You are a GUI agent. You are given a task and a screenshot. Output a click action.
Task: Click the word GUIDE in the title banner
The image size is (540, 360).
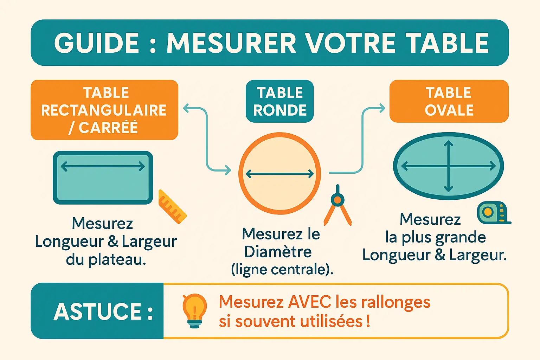97,43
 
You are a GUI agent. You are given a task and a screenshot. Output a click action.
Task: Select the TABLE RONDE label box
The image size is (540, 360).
279,101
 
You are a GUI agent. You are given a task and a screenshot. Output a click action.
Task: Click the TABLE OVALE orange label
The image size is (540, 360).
449,101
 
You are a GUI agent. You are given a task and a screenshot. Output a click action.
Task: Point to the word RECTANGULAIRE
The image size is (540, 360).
104,110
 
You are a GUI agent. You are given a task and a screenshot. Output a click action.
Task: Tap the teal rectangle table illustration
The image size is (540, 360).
103,178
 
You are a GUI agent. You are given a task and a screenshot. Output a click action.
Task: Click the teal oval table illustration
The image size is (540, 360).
448,166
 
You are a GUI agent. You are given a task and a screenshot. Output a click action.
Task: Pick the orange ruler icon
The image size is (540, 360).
172,206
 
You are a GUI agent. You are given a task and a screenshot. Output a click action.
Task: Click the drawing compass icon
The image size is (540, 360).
337,205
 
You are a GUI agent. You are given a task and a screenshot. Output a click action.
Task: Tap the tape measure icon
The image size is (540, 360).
494,213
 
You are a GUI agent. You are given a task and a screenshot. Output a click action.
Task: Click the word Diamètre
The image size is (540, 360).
278,252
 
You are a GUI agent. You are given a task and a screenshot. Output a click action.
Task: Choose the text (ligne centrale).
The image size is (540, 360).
282,270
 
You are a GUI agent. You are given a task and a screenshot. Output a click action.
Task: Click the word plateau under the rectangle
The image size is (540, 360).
117,261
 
